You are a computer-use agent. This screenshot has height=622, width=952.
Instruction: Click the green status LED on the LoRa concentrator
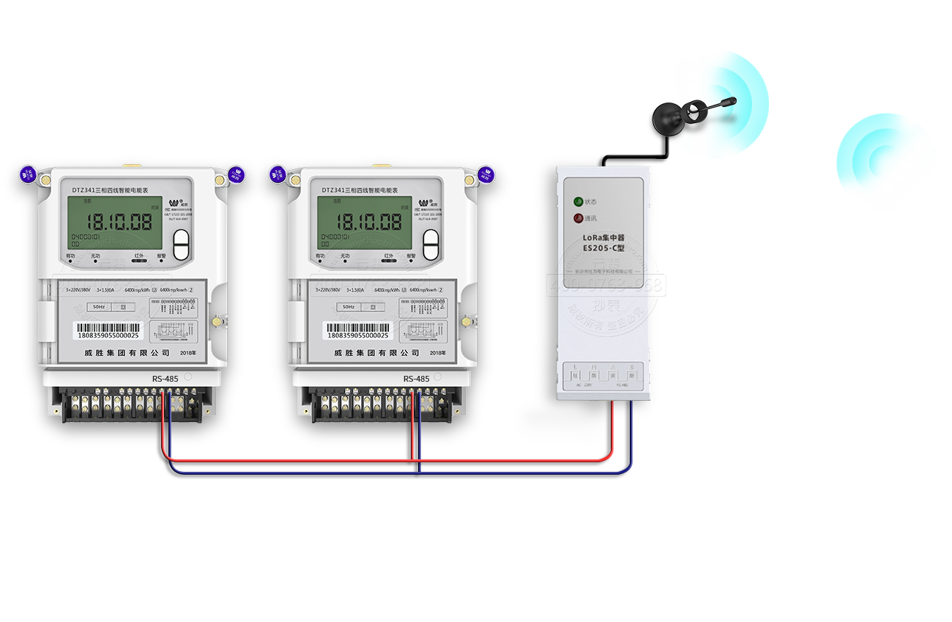click(578, 201)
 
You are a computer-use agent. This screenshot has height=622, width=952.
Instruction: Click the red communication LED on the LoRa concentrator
click(578, 218)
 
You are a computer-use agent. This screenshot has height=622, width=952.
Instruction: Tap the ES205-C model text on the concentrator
click(603, 248)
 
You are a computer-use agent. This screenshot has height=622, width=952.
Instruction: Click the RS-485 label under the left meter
click(165, 379)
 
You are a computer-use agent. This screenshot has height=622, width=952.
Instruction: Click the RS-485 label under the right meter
click(416, 379)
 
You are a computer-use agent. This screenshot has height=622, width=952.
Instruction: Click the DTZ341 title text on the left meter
click(111, 190)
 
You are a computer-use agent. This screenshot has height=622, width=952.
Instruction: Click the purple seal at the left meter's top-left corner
click(28, 174)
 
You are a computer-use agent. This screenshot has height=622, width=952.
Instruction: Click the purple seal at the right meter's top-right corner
click(486, 174)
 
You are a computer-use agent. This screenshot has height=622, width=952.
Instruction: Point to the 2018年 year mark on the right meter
click(438, 353)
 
